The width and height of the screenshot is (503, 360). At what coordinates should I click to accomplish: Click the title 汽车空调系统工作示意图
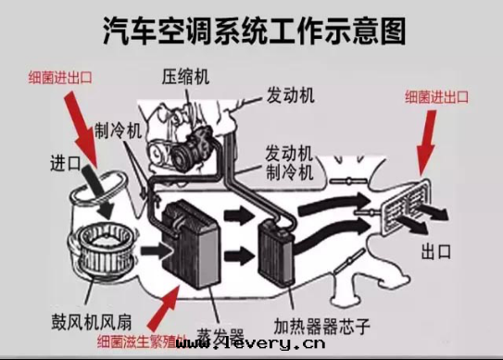253,30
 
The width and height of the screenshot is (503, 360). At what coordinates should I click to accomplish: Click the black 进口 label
68,163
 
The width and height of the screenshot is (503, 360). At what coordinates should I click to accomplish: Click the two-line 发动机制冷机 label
292,161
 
